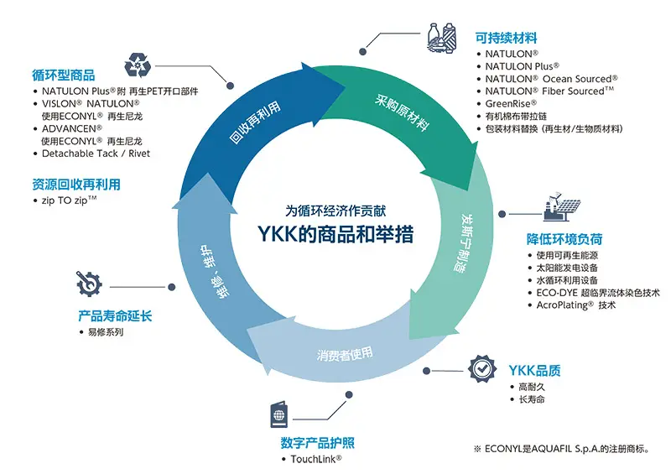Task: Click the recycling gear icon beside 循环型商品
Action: (137, 65)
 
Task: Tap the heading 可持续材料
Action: (506, 38)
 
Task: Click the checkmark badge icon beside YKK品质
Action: (481, 368)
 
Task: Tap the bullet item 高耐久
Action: (533, 387)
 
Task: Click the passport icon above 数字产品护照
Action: (279, 416)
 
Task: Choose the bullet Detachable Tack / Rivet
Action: (96, 154)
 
